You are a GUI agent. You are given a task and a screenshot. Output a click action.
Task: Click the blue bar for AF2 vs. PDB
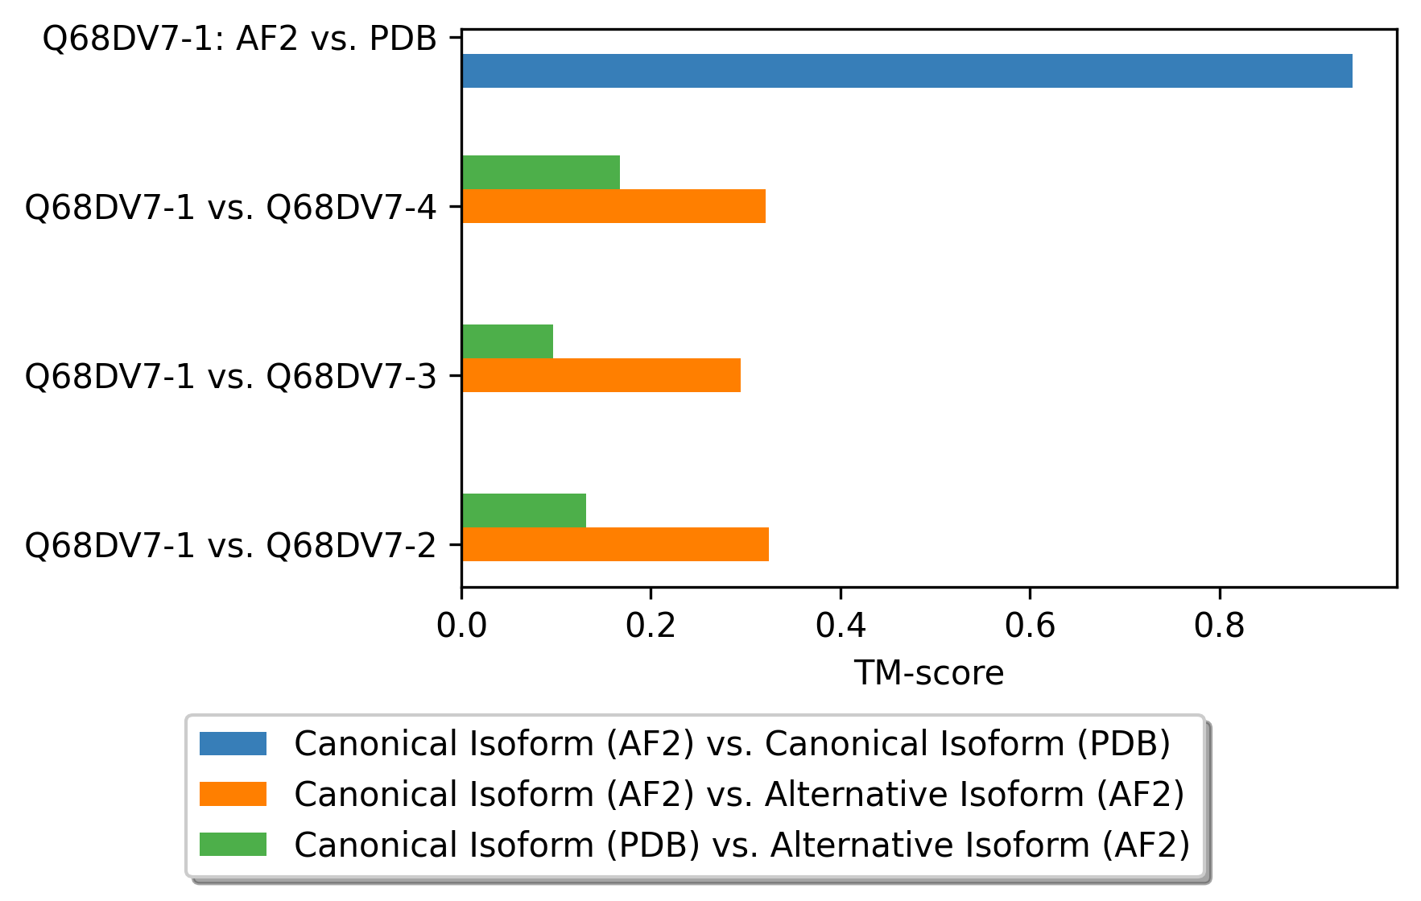tap(907, 71)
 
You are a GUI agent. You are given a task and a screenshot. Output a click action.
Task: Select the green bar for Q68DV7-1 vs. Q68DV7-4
tap(541, 172)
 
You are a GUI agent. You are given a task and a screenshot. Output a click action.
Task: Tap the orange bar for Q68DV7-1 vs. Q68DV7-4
tap(613, 206)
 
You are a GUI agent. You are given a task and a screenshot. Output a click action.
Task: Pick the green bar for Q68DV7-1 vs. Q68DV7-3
tap(507, 341)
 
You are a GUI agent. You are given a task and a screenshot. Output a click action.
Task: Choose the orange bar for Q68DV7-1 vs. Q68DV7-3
tap(601, 375)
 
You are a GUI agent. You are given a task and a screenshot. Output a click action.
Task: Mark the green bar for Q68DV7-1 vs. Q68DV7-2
tap(524, 510)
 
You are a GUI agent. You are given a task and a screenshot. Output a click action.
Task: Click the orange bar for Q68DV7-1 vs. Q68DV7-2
tap(615, 544)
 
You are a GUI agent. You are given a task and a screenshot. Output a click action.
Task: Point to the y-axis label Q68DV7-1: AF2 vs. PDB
tap(240, 38)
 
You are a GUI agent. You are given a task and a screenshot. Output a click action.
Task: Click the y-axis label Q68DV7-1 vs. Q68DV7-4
tap(231, 207)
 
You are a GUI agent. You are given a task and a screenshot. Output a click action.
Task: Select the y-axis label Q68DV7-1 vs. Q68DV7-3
tap(231, 376)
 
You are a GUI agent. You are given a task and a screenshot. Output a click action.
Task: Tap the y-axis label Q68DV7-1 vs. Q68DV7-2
tap(231, 545)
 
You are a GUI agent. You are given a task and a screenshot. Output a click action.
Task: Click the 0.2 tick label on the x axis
tap(651, 626)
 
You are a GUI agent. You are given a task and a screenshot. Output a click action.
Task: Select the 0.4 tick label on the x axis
tap(841, 626)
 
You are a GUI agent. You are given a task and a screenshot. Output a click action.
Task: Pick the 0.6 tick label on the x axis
tap(1030, 626)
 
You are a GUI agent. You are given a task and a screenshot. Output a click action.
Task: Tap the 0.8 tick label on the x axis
tap(1220, 626)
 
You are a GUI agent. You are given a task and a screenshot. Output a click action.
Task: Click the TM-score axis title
tap(929, 673)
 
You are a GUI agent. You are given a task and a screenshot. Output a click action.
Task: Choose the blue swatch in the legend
tap(233, 743)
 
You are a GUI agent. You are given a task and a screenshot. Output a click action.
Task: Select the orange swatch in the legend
tap(233, 794)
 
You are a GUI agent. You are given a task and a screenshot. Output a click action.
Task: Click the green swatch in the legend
tap(233, 845)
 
